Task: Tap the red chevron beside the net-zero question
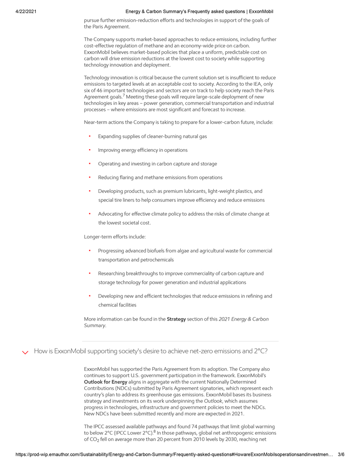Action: (x=25, y=352)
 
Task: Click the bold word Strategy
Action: (x=176, y=319)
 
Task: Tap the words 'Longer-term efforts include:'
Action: (x=115, y=237)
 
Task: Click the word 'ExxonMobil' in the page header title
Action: (x=261, y=11)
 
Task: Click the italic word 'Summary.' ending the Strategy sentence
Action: (x=95, y=325)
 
